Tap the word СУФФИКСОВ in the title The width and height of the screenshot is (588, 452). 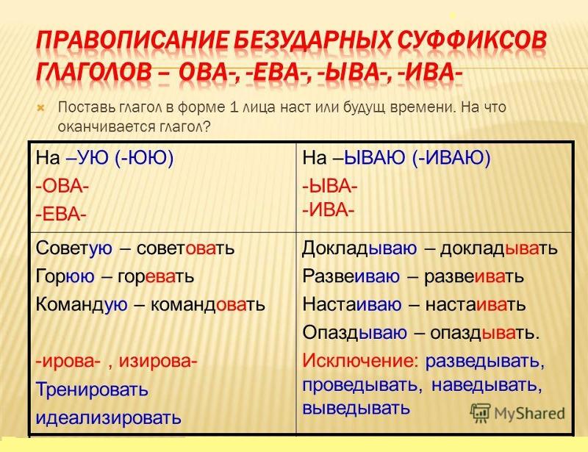click(x=472, y=40)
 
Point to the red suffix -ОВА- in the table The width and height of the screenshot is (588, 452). click(x=62, y=186)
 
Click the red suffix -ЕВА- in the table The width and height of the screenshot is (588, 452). click(x=61, y=215)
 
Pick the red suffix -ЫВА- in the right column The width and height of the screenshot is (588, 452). click(x=330, y=186)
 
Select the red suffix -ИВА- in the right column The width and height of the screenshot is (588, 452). click(x=328, y=209)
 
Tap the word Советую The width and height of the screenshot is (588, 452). click(x=74, y=248)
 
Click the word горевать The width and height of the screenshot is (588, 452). click(x=156, y=277)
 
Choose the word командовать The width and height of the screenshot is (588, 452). click(x=208, y=304)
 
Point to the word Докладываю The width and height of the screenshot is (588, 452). click(x=359, y=248)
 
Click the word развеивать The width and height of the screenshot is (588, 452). click(x=473, y=277)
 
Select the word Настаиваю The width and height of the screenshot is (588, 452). click(x=352, y=304)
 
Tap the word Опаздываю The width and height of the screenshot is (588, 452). click(x=355, y=333)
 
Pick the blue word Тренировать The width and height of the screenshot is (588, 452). click(x=92, y=390)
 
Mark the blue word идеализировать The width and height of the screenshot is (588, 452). click(x=108, y=418)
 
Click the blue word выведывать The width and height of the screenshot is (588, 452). click(x=356, y=408)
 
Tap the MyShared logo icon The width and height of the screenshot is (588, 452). click(x=481, y=413)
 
